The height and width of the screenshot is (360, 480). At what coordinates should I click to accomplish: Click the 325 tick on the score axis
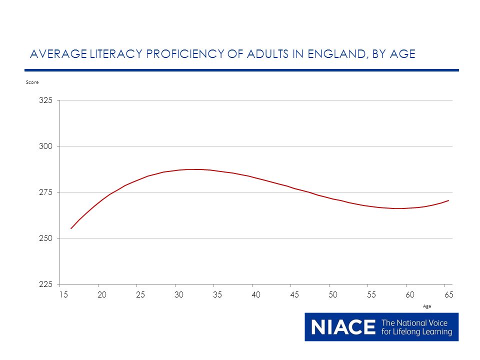coord(45,100)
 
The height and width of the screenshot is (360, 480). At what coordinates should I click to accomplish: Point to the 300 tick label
coord(45,146)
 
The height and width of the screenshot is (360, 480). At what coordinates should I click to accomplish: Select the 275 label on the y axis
coord(45,192)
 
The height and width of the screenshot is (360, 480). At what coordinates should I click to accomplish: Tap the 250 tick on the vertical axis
coord(45,238)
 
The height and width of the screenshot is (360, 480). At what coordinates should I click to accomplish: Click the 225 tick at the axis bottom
coord(45,284)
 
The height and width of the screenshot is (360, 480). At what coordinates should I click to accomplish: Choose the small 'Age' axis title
coord(427,306)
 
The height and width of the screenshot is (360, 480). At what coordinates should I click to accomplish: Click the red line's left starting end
coord(71,228)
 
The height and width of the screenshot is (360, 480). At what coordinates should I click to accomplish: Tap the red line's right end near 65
coord(448,200)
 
